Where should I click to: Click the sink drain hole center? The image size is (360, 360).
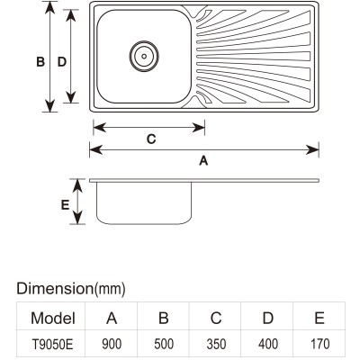point(144,56)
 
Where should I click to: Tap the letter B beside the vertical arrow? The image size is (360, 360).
point(40,62)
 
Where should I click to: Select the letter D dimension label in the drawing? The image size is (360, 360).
point(62,62)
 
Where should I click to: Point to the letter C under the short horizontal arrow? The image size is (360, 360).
point(151,139)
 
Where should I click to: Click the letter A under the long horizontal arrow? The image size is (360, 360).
point(203,161)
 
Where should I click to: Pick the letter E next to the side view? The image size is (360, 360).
point(65,205)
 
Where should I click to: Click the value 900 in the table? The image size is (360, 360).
point(112,344)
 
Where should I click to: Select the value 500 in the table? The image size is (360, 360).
point(164,344)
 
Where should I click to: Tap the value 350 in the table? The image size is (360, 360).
point(216,344)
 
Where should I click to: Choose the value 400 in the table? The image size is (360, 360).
point(268,344)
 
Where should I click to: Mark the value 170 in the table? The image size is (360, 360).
point(320,344)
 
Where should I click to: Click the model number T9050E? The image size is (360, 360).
point(52,345)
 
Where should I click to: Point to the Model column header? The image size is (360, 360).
point(53,318)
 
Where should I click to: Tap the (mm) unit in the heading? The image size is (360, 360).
point(110,289)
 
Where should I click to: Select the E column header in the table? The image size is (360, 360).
point(319,318)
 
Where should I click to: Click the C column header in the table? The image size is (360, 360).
point(216,318)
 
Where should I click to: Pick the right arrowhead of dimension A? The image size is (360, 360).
point(312,149)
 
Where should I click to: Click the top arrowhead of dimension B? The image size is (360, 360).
point(49,7)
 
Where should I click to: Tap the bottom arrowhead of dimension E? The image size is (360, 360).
point(77,218)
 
